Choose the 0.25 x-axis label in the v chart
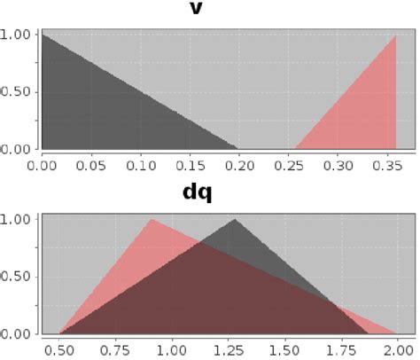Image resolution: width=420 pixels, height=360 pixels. click(287, 164)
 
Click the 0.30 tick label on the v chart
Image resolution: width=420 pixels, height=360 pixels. click(336, 164)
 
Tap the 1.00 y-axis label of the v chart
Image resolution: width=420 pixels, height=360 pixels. click(18, 35)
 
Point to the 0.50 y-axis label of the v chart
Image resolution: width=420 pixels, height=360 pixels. click(18, 92)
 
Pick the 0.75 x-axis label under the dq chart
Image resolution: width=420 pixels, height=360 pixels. click(117, 350)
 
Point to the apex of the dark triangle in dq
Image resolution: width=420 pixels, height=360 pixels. click(235, 219)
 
